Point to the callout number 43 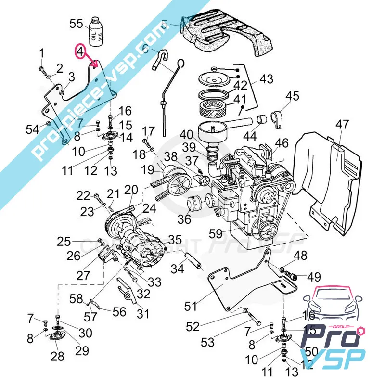[266, 79]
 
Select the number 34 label [178, 269]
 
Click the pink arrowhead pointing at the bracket [95, 64]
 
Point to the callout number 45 [292, 97]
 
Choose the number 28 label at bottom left [58, 357]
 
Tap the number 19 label [147, 170]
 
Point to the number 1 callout [41, 52]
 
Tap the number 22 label [83, 195]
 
